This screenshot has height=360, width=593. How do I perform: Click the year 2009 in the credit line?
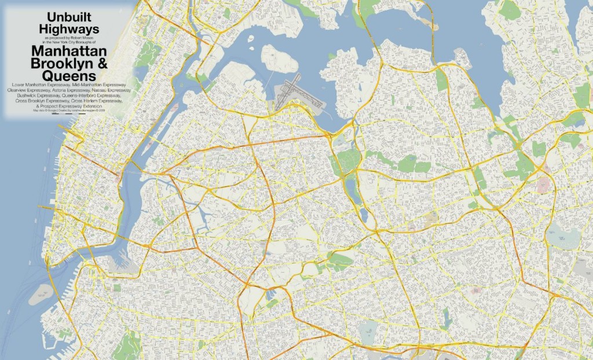point(102,111)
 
